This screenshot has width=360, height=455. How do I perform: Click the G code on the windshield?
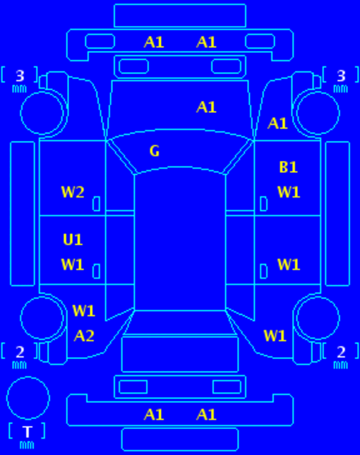155,151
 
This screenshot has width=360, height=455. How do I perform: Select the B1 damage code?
288,167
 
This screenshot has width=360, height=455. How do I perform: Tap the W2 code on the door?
73,192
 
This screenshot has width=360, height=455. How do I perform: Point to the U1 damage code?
73,240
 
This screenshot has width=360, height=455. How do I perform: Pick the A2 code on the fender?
84,336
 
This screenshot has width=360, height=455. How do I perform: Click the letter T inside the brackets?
28,432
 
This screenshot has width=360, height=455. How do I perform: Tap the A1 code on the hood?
206,107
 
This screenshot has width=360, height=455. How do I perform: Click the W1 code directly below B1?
289,192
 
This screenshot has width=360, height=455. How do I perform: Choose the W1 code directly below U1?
73,265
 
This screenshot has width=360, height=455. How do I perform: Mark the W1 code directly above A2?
83,311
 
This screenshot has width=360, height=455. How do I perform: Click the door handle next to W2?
97,204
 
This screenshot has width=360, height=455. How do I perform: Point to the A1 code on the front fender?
277,123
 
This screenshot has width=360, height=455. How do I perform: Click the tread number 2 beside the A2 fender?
20,352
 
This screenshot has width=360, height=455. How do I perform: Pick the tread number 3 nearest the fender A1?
341,76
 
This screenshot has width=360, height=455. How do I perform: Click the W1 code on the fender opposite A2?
275,336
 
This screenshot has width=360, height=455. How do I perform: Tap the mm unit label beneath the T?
27,444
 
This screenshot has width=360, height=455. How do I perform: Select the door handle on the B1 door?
263,204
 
